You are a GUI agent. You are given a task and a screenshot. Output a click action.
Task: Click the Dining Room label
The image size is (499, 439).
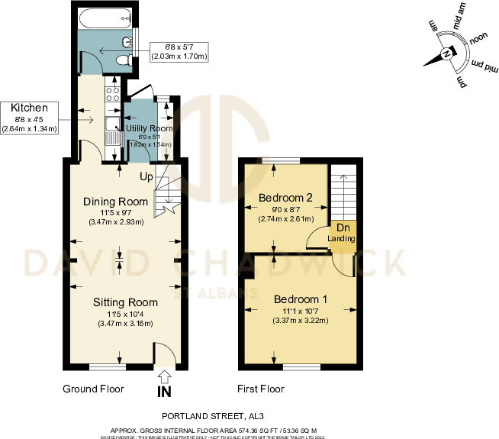click(115, 202)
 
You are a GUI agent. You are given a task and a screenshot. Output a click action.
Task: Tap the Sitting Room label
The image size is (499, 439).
click(121, 302)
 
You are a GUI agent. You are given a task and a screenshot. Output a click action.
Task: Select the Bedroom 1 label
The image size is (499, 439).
click(301, 299)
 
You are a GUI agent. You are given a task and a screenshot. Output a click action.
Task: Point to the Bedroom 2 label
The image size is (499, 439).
click(285, 199)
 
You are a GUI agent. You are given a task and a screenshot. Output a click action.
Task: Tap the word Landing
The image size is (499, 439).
click(341, 239)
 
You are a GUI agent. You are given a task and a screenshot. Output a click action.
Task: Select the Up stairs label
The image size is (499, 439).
click(146, 177)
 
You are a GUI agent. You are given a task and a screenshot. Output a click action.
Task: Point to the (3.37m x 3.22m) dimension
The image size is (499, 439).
click(300, 320)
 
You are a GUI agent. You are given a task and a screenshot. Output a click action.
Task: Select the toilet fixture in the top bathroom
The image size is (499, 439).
click(127, 47)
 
